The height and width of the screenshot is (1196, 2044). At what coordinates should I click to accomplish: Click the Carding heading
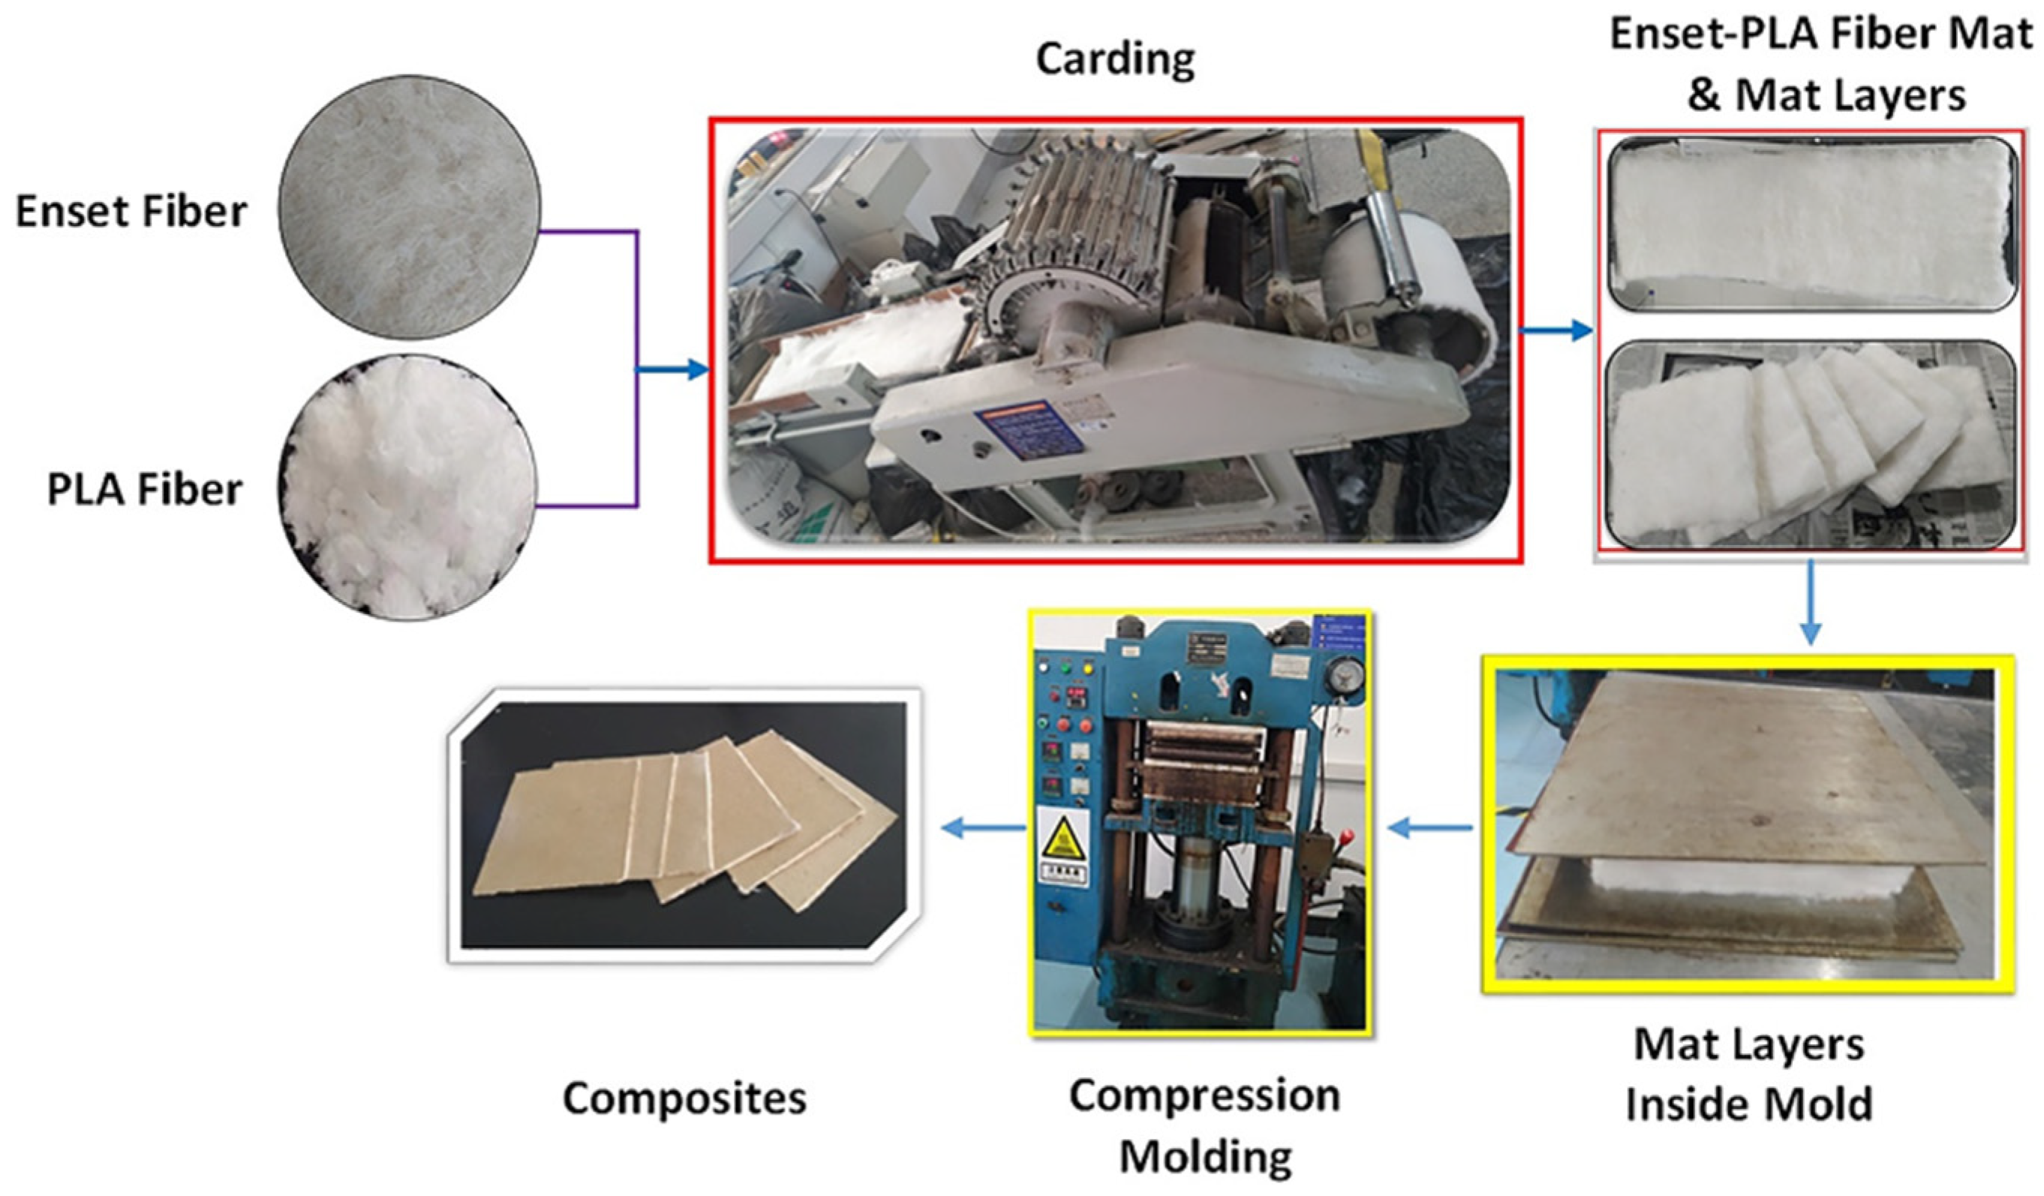[1115, 59]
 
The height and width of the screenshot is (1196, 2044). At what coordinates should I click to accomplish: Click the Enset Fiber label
[131, 212]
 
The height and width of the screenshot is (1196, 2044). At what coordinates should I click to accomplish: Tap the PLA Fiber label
[144, 490]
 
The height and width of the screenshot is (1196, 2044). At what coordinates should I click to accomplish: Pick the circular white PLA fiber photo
[407, 487]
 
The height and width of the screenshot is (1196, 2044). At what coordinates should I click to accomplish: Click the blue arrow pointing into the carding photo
[673, 370]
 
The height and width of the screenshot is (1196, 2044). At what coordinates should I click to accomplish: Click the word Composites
[684, 1098]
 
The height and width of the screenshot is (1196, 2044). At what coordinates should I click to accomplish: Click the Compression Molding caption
[1204, 1126]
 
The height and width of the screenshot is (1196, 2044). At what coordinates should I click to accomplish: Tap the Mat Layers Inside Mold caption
[1749, 1074]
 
